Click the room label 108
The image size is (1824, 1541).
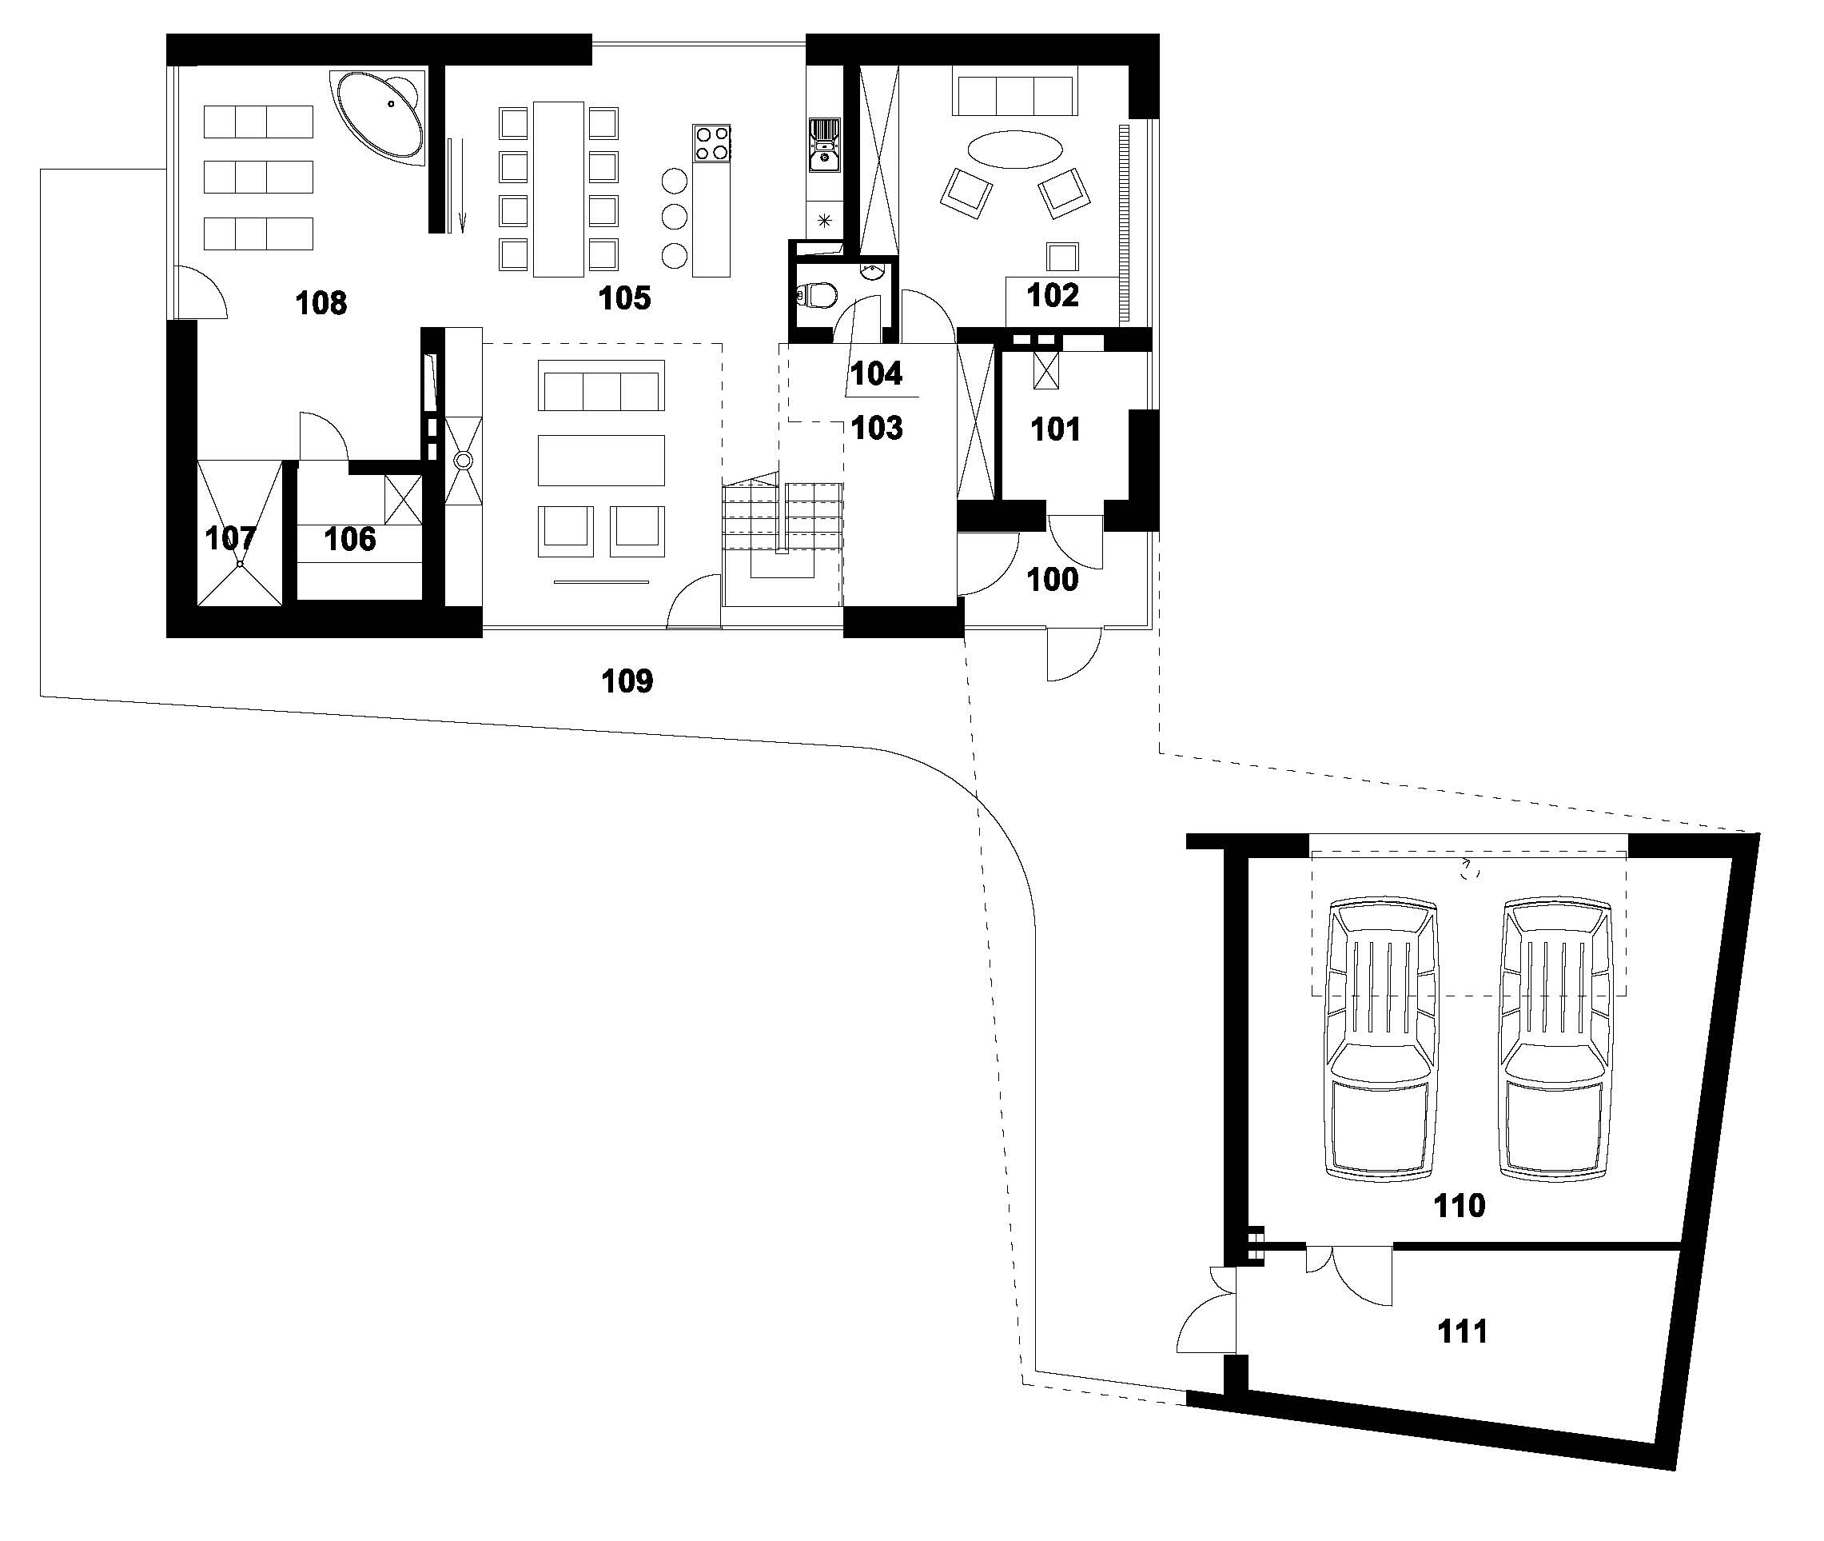coord(321,303)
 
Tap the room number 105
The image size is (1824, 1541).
coord(624,299)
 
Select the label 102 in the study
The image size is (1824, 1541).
coord(1052,295)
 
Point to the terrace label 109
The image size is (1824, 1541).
coord(627,681)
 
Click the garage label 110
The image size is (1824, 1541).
coord(1459,1206)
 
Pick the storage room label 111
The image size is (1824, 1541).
coord(1462,1331)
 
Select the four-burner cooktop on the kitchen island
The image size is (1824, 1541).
coord(711,142)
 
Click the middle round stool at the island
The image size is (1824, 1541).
coord(673,216)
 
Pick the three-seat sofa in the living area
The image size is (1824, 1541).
coord(601,385)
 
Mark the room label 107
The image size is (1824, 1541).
coord(229,538)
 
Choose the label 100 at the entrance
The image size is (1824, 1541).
coord(1052,579)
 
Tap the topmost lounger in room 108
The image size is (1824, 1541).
coord(257,122)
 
